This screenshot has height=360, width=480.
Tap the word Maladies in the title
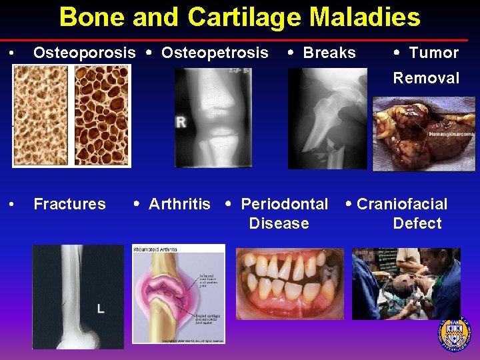click(363, 17)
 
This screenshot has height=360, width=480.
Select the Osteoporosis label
click(85, 53)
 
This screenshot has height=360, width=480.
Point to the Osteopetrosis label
click(215, 53)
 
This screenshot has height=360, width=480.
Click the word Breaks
click(329, 53)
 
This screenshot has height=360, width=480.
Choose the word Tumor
click(433, 53)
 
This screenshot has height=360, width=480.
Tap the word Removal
click(426, 78)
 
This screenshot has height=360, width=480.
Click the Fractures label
click(69, 204)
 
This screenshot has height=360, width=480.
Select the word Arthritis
click(179, 204)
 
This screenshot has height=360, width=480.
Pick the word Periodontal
click(284, 204)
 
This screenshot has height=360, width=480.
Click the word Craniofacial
click(402, 204)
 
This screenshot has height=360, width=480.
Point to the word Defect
click(417, 223)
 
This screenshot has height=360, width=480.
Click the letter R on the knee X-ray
click(181, 123)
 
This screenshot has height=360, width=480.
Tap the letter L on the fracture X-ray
click(100, 308)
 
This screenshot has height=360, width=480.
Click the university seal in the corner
click(454, 334)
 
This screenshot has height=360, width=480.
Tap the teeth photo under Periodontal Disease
click(289, 283)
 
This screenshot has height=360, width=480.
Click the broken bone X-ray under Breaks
click(327, 118)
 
